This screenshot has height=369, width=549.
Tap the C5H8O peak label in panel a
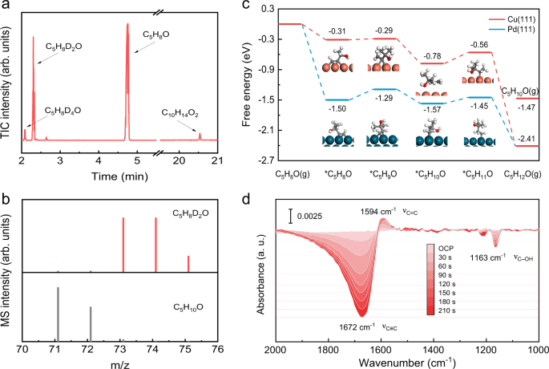156,34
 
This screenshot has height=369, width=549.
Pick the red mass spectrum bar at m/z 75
188,264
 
